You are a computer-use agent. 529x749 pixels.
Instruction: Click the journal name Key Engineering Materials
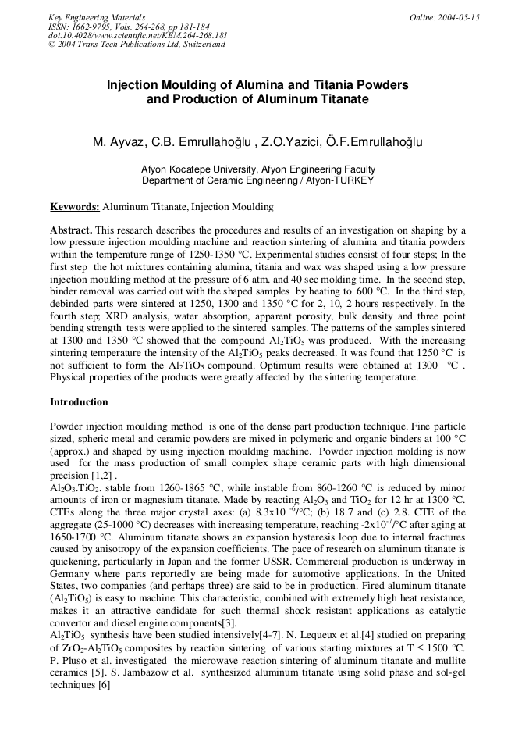coord(97,17)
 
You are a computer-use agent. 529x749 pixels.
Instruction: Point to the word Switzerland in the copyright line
coord(202,45)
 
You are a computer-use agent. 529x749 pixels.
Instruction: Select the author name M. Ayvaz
coord(118,142)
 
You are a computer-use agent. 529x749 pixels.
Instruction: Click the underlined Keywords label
coord(75,207)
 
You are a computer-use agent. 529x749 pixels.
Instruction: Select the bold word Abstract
coord(70,230)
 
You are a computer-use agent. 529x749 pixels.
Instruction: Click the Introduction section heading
coord(79,402)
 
